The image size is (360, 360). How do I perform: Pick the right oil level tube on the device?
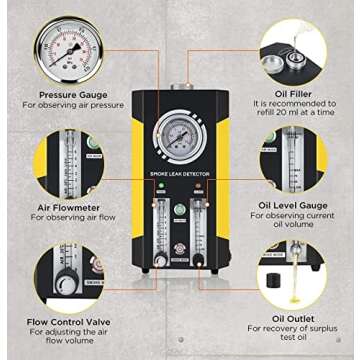point(201,225)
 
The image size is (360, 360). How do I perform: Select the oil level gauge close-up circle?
point(293,158)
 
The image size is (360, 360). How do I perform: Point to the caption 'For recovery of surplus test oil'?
point(290,337)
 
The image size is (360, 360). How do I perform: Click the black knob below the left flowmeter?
point(158,261)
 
